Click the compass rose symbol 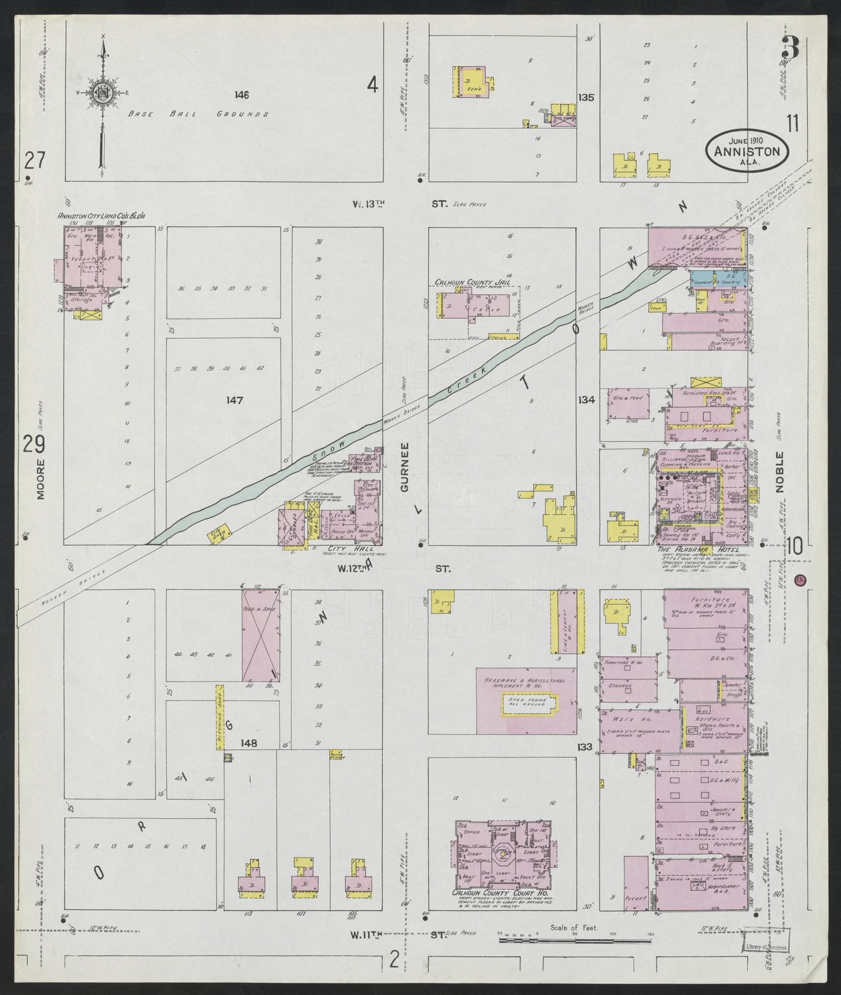click(x=103, y=93)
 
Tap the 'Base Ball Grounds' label click(x=198, y=114)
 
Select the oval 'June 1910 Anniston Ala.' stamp click(x=747, y=149)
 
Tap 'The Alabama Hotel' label click(x=698, y=549)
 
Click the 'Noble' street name click(x=779, y=472)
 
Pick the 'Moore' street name click(x=40, y=477)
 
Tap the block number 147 click(x=235, y=400)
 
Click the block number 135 click(x=586, y=97)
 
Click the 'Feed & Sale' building click(x=260, y=635)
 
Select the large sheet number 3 click(x=790, y=47)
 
